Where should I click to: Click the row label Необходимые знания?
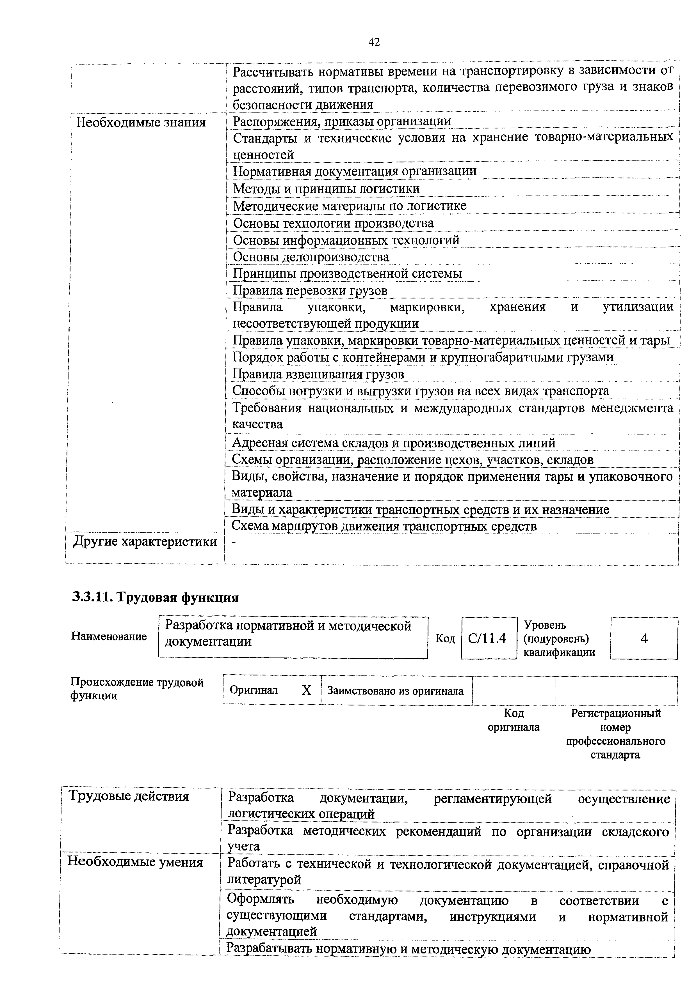tap(141, 123)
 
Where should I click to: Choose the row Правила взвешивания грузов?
tap(318, 374)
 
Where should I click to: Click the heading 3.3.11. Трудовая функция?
tap(155, 597)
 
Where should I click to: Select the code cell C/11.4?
tap(487, 639)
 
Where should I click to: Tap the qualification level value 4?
tap(644, 639)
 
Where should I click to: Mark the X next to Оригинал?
tap(306, 690)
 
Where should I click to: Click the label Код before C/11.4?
tap(445, 639)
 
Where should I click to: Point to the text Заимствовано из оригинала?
tap(395, 691)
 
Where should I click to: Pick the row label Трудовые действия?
tap(129, 797)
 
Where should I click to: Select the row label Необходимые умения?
tap(135, 862)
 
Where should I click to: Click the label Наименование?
tap(109, 636)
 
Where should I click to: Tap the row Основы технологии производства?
tap(333, 223)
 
